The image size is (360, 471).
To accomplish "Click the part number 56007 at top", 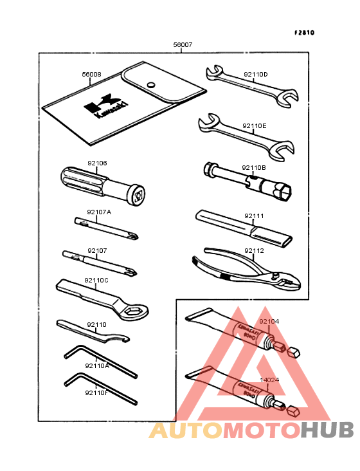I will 183,46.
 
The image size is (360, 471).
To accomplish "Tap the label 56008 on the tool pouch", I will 91,75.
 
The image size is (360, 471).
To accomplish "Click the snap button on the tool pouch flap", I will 151,84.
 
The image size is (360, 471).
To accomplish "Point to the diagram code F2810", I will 305,32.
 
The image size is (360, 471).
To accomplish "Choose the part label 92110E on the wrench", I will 255,126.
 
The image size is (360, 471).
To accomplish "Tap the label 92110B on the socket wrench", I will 254,168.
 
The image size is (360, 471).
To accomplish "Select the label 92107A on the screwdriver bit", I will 99,212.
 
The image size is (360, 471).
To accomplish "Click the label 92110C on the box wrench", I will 96,281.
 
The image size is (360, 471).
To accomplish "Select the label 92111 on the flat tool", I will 254,217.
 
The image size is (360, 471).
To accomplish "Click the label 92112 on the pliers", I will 254,251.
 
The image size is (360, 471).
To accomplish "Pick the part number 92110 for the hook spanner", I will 96,325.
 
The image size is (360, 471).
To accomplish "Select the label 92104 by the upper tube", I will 269,321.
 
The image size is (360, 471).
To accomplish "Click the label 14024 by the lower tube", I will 269,380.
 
